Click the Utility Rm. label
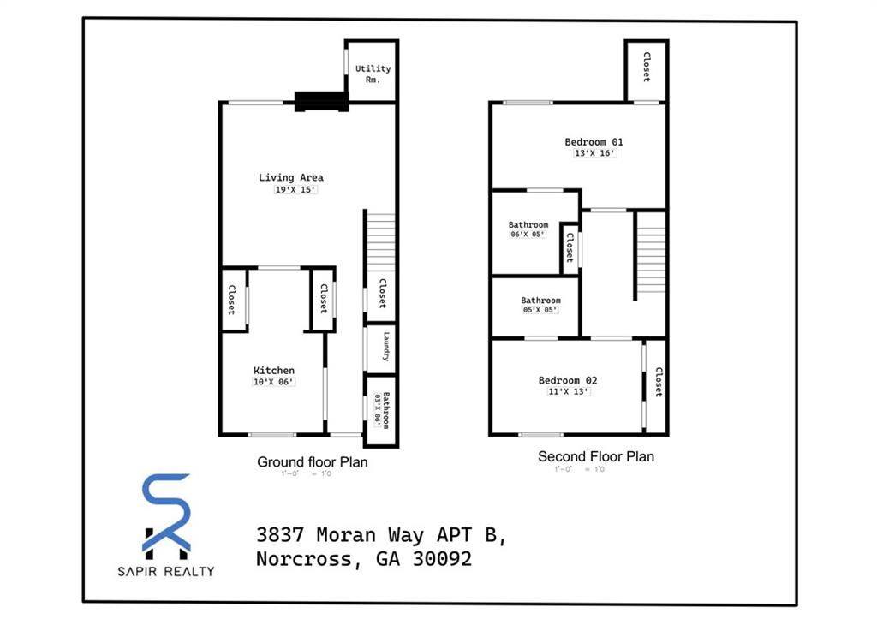point(373,74)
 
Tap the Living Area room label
point(291,178)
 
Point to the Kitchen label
point(274,371)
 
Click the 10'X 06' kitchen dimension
point(274,382)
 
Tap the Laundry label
point(386,348)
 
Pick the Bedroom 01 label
point(594,142)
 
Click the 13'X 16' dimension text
point(594,153)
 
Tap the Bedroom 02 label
point(568,380)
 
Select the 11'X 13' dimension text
point(568,391)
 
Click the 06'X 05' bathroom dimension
point(528,235)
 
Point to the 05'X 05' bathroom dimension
point(540,310)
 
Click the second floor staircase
point(651,254)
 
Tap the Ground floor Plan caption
point(313,462)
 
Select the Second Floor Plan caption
point(595,457)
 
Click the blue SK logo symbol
point(166,514)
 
